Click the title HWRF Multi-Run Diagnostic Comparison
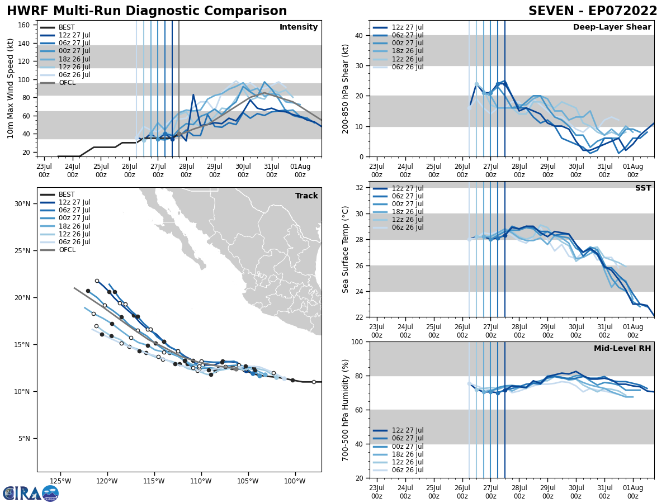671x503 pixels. click(147, 11)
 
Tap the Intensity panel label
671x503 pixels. click(299, 27)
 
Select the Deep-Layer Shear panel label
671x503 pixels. click(612, 27)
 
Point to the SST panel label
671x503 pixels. click(643, 188)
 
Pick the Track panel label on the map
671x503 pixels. click(306, 196)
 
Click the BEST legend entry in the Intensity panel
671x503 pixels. click(67, 27)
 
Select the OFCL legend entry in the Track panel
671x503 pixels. click(67, 250)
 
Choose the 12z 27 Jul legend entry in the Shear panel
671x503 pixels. click(407, 27)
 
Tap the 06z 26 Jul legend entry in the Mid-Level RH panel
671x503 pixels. click(407, 470)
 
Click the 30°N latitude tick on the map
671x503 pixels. click(22, 204)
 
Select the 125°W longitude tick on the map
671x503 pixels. click(60, 481)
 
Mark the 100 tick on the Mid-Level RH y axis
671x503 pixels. click(358, 341)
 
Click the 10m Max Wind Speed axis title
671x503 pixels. click(10, 88)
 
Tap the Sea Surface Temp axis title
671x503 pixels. click(346, 249)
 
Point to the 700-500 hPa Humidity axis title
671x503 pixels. click(346, 410)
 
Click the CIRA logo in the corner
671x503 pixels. click(31, 493)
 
